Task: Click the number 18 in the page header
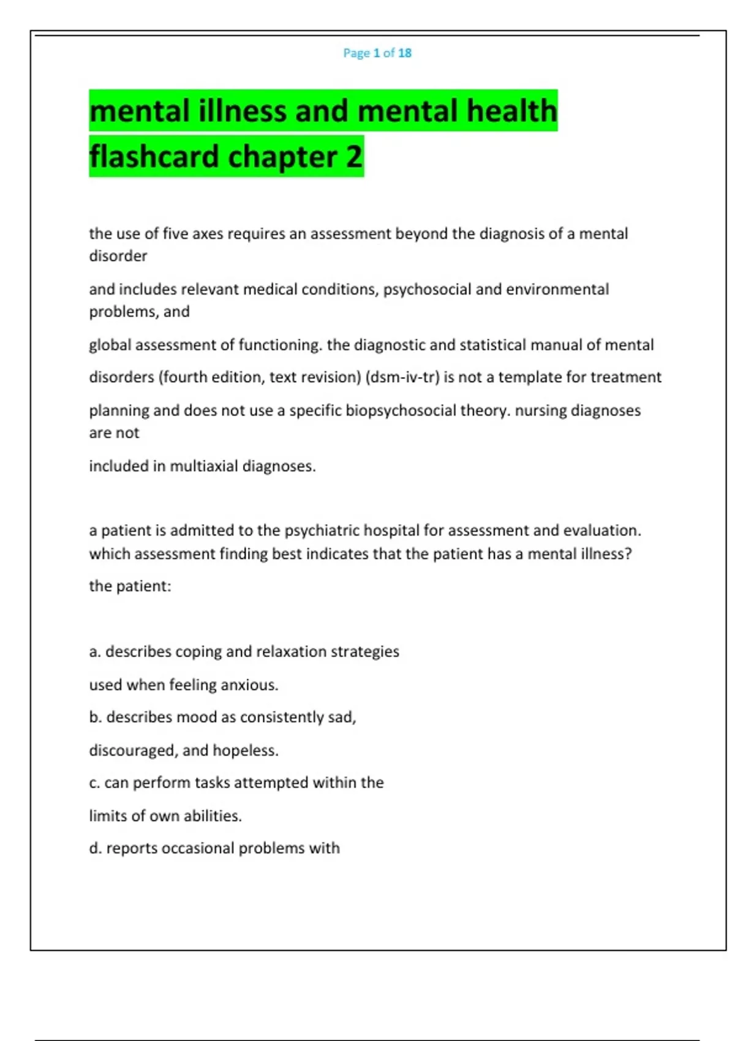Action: point(404,53)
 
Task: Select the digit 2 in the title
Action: point(354,157)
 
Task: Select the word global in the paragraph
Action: point(110,345)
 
